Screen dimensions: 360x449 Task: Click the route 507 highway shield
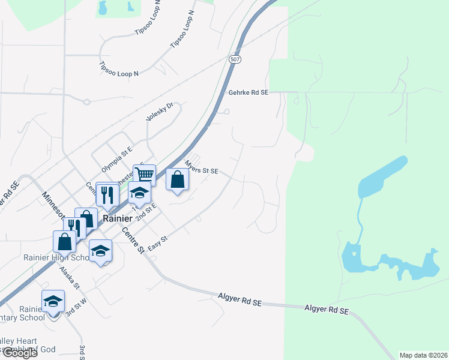tap(235, 59)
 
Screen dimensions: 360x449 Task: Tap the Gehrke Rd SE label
tap(249, 93)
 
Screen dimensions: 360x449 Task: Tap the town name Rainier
tap(117, 219)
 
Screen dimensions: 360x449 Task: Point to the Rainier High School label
tap(56, 258)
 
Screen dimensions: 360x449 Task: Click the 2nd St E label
tap(146, 212)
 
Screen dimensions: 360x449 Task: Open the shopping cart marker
tap(144, 175)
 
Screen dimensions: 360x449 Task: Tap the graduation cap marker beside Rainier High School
tap(100, 250)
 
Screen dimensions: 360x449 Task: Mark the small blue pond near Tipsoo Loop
tap(103, 8)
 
